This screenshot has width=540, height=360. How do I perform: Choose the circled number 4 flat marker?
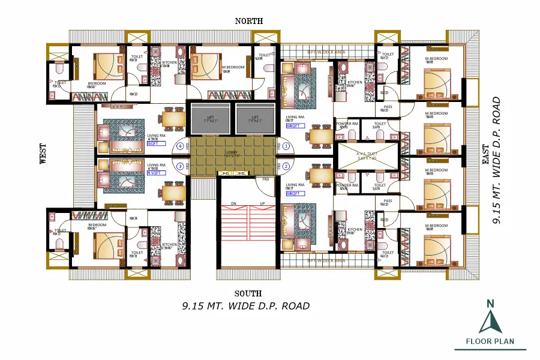pos(179,146)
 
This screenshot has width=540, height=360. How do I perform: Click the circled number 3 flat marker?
pos(179,166)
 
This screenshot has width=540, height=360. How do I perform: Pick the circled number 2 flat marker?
pos(286,166)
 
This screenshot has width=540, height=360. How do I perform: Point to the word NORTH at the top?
pos(248,21)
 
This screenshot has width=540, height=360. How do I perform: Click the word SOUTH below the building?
pos(248,293)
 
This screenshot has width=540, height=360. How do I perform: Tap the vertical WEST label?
pos(43,154)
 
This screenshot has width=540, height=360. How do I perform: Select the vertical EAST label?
pos(485,154)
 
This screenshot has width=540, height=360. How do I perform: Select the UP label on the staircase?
pos(262,203)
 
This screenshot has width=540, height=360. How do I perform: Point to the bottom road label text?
pos(246,306)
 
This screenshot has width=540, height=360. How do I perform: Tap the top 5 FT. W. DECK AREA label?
pos(326,52)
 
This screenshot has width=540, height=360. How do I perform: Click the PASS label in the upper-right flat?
pos(388,107)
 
